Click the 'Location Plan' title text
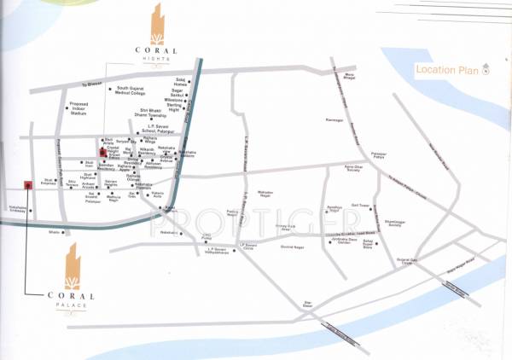[x=445, y=70]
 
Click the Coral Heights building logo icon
[x=155, y=25]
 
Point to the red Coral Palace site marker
[x=28, y=183]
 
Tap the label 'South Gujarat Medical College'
[x=137, y=90]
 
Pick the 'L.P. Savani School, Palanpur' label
[x=160, y=130]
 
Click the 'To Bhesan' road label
[x=90, y=84]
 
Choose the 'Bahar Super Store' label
[x=368, y=244]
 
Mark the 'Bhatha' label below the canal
[x=55, y=232]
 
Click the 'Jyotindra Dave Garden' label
[x=343, y=241]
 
